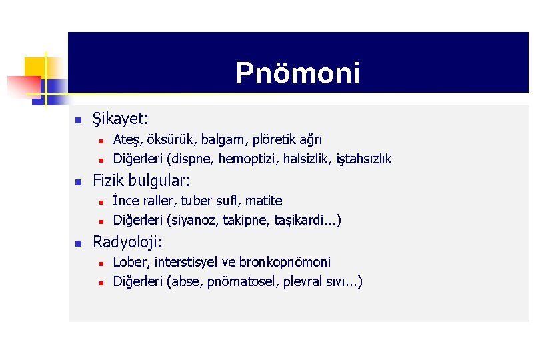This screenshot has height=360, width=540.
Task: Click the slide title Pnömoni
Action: coord(297,73)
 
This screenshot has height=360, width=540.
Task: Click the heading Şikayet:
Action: coord(121,119)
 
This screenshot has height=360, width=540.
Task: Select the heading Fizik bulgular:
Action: coord(141,181)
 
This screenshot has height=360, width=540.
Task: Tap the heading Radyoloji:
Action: coord(127,241)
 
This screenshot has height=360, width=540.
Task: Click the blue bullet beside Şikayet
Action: coord(77,121)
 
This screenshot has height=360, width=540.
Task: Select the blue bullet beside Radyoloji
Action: coord(77,243)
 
